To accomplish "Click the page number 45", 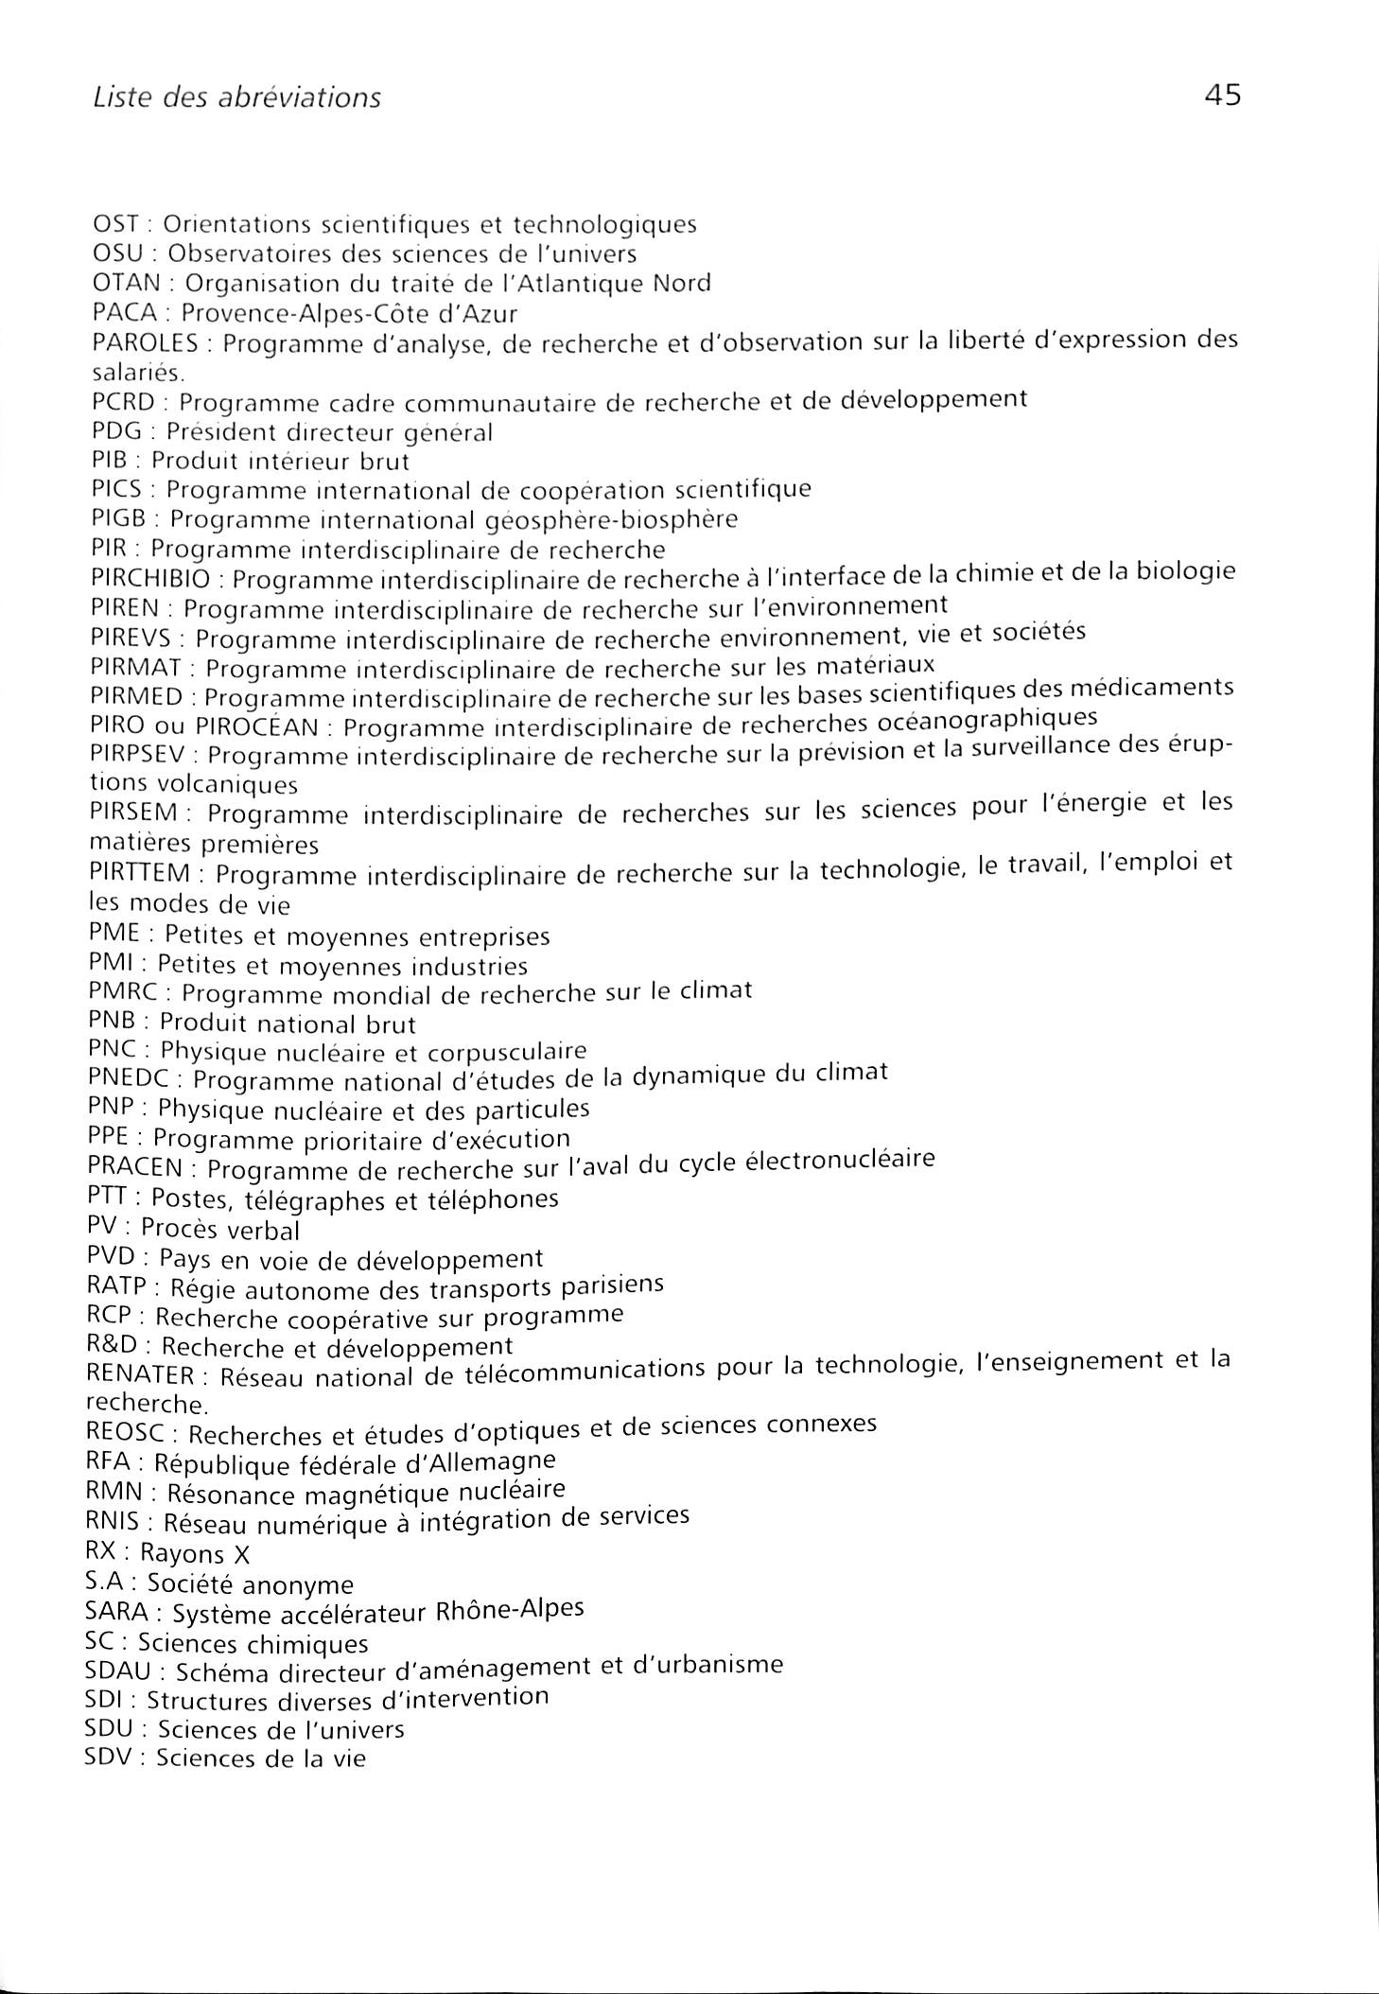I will [x=1222, y=95].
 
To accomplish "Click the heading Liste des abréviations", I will [x=236, y=97].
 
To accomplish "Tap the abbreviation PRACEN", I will [x=133, y=1167].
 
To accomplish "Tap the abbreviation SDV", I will [x=111, y=1758].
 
